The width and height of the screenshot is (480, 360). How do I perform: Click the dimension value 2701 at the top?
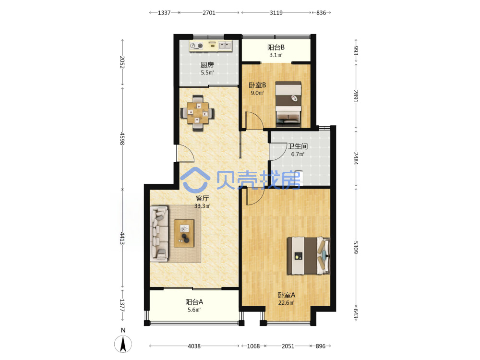[x=209, y=13]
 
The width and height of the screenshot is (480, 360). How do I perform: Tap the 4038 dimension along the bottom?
[x=194, y=346]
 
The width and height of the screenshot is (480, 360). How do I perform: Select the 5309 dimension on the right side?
[x=355, y=247]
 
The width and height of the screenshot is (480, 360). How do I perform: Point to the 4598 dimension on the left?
[x=122, y=139]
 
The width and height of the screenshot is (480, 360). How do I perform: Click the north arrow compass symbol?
[x=123, y=344]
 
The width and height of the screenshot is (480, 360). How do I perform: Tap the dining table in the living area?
[x=198, y=113]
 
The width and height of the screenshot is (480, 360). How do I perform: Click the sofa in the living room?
[x=159, y=234]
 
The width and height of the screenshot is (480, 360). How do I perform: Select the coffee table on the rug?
[x=184, y=233]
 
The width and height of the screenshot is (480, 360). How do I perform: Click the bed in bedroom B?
[x=288, y=104]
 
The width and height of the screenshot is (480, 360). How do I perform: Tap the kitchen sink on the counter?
[x=225, y=46]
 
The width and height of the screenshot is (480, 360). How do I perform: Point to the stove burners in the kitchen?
[x=196, y=46]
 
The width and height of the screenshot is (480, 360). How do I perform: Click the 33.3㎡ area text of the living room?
[x=203, y=206]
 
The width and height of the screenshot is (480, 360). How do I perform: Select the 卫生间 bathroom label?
[x=298, y=146]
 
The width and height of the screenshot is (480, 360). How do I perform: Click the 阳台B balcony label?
[x=276, y=48]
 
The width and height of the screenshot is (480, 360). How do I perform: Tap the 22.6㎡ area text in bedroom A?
[x=286, y=303]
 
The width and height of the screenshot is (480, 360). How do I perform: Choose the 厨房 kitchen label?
[x=207, y=65]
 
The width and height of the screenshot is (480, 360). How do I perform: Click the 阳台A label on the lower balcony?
[x=194, y=302]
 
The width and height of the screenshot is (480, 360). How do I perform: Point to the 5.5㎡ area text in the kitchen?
[x=207, y=73]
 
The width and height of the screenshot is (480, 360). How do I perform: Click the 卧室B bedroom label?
[x=257, y=85]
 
